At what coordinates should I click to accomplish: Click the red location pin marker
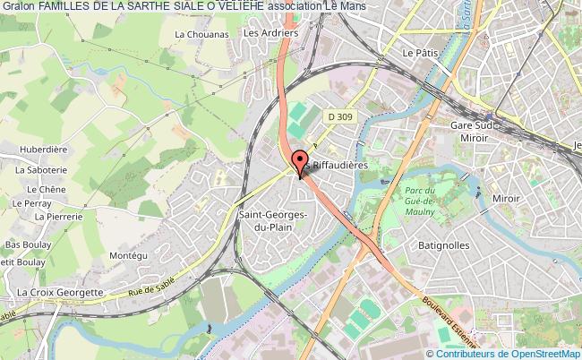click(x=298, y=164)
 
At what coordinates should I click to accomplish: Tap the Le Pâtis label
click(x=420, y=53)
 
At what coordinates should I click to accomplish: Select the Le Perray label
click(x=29, y=203)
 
